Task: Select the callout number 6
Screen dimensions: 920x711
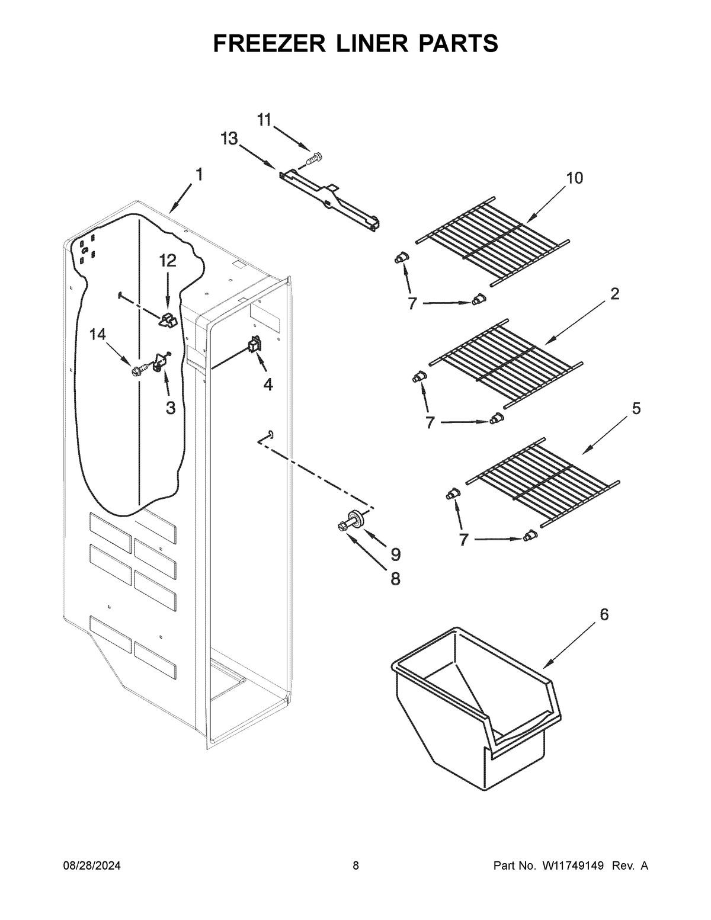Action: point(604,614)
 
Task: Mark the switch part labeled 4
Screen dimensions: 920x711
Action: point(255,345)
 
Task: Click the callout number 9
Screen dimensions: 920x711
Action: point(395,554)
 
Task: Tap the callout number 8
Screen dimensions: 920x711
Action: point(395,578)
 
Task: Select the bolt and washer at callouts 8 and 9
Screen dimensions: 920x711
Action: point(353,521)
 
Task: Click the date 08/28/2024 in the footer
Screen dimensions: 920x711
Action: point(92,866)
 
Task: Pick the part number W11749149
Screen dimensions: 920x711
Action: point(572,866)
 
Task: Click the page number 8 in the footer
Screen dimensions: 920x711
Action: point(355,866)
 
